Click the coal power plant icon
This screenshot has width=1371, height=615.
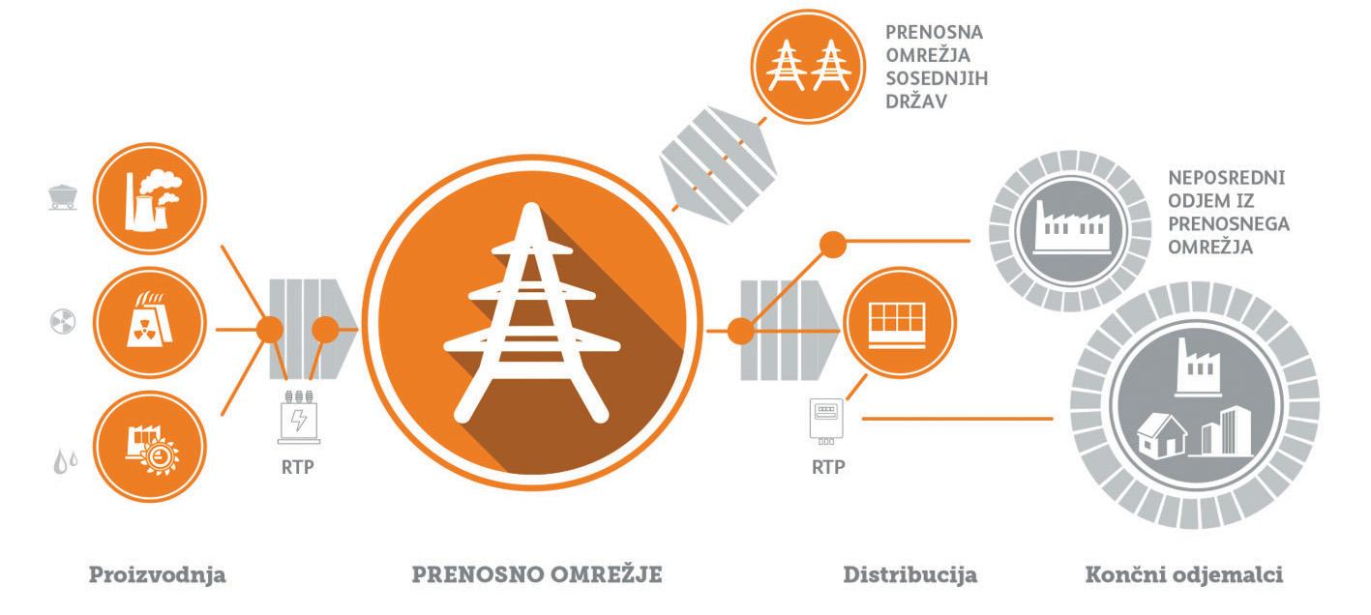(150, 199)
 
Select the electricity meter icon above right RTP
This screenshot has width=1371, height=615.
(825, 418)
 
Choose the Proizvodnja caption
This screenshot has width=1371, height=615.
(158, 575)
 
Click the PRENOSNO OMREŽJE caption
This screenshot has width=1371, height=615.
(537, 575)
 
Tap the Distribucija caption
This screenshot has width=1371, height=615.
(909, 575)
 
